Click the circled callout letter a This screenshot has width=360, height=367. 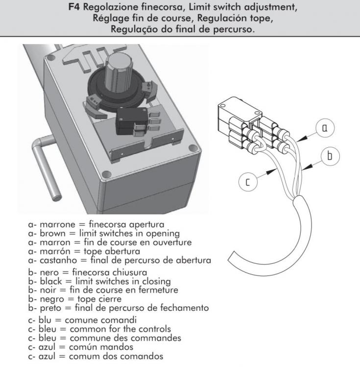[x=325, y=128]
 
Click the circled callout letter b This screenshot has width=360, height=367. [x=330, y=156]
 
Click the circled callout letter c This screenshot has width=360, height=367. [x=248, y=182]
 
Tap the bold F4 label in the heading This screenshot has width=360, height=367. [x=74, y=7]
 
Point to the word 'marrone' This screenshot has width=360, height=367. [x=58, y=225]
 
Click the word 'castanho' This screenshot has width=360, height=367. [x=58, y=260]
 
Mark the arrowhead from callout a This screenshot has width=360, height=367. [x=302, y=138]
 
